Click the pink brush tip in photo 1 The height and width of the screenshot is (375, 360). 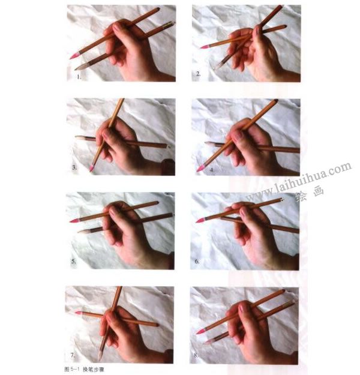74,56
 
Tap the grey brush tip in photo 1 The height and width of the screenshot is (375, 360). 79,67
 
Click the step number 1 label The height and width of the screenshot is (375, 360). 79,77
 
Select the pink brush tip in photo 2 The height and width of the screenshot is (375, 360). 205,46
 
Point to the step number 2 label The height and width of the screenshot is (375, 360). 198,74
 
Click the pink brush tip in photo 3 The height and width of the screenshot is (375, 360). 92,167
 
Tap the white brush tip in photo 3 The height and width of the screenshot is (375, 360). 80,137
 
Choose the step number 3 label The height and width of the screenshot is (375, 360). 74,167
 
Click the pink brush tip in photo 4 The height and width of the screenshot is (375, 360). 201,168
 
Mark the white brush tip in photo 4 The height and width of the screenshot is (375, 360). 209,144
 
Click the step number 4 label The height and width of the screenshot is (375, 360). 212,170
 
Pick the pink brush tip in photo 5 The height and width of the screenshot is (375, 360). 74,220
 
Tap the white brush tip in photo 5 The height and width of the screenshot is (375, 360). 83,231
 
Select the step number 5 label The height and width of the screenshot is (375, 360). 74,261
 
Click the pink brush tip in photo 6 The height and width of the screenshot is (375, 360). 200,220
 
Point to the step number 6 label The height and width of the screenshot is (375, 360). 197,261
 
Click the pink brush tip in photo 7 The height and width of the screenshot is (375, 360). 79,313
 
